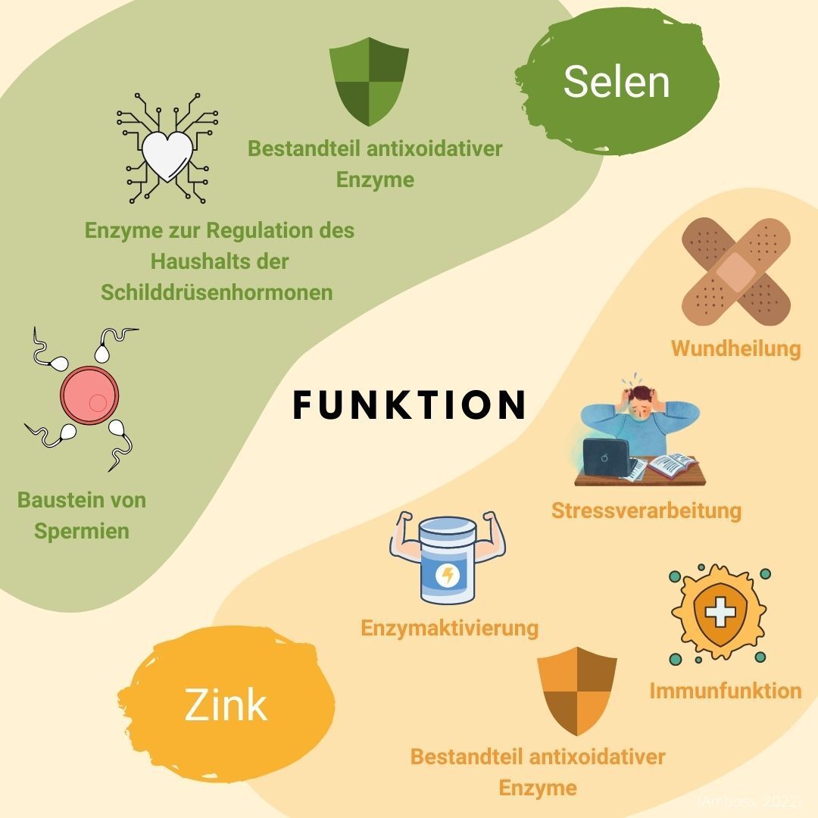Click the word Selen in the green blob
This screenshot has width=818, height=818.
[x=617, y=81]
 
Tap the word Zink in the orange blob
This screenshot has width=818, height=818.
[x=226, y=704]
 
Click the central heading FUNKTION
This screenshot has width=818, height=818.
[x=409, y=404]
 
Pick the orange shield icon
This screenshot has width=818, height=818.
[x=576, y=689]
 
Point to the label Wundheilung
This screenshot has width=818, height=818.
[x=735, y=348]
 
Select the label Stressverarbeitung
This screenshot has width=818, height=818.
[x=646, y=510]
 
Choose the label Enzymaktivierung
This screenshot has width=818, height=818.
[x=450, y=628]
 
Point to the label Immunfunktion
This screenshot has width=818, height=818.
[x=725, y=690]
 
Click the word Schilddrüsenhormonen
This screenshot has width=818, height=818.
[x=217, y=292]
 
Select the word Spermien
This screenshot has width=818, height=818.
[x=82, y=530]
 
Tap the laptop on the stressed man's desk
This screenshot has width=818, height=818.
[x=607, y=457]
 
